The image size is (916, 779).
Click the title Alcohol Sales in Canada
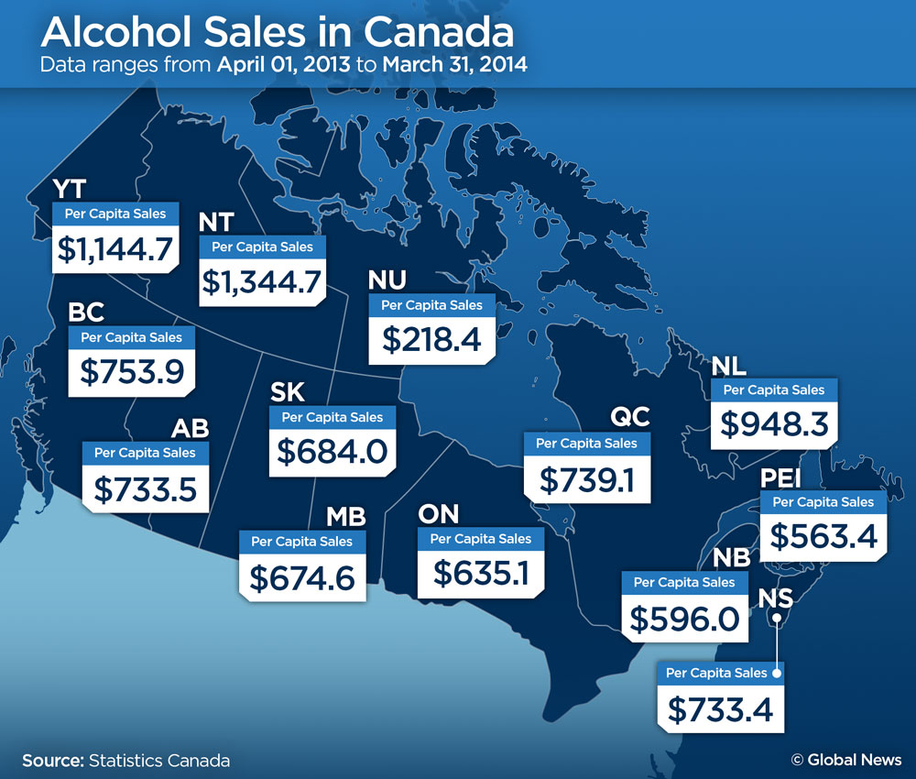[278, 33]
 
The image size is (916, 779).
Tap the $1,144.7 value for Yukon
[115, 249]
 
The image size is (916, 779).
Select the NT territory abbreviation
[216, 223]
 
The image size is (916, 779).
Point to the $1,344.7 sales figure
[263, 280]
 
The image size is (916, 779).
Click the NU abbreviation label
[386, 280]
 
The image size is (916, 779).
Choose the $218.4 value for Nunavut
[431, 339]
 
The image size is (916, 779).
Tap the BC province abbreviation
[87, 313]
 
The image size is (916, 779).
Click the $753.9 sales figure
[132, 371]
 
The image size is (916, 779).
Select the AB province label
[191, 429]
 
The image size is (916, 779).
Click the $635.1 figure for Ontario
[480, 573]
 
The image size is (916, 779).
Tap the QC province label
[630, 418]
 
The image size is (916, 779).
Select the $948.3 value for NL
[774, 423]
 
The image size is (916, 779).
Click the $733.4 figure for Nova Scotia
[721, 708]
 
